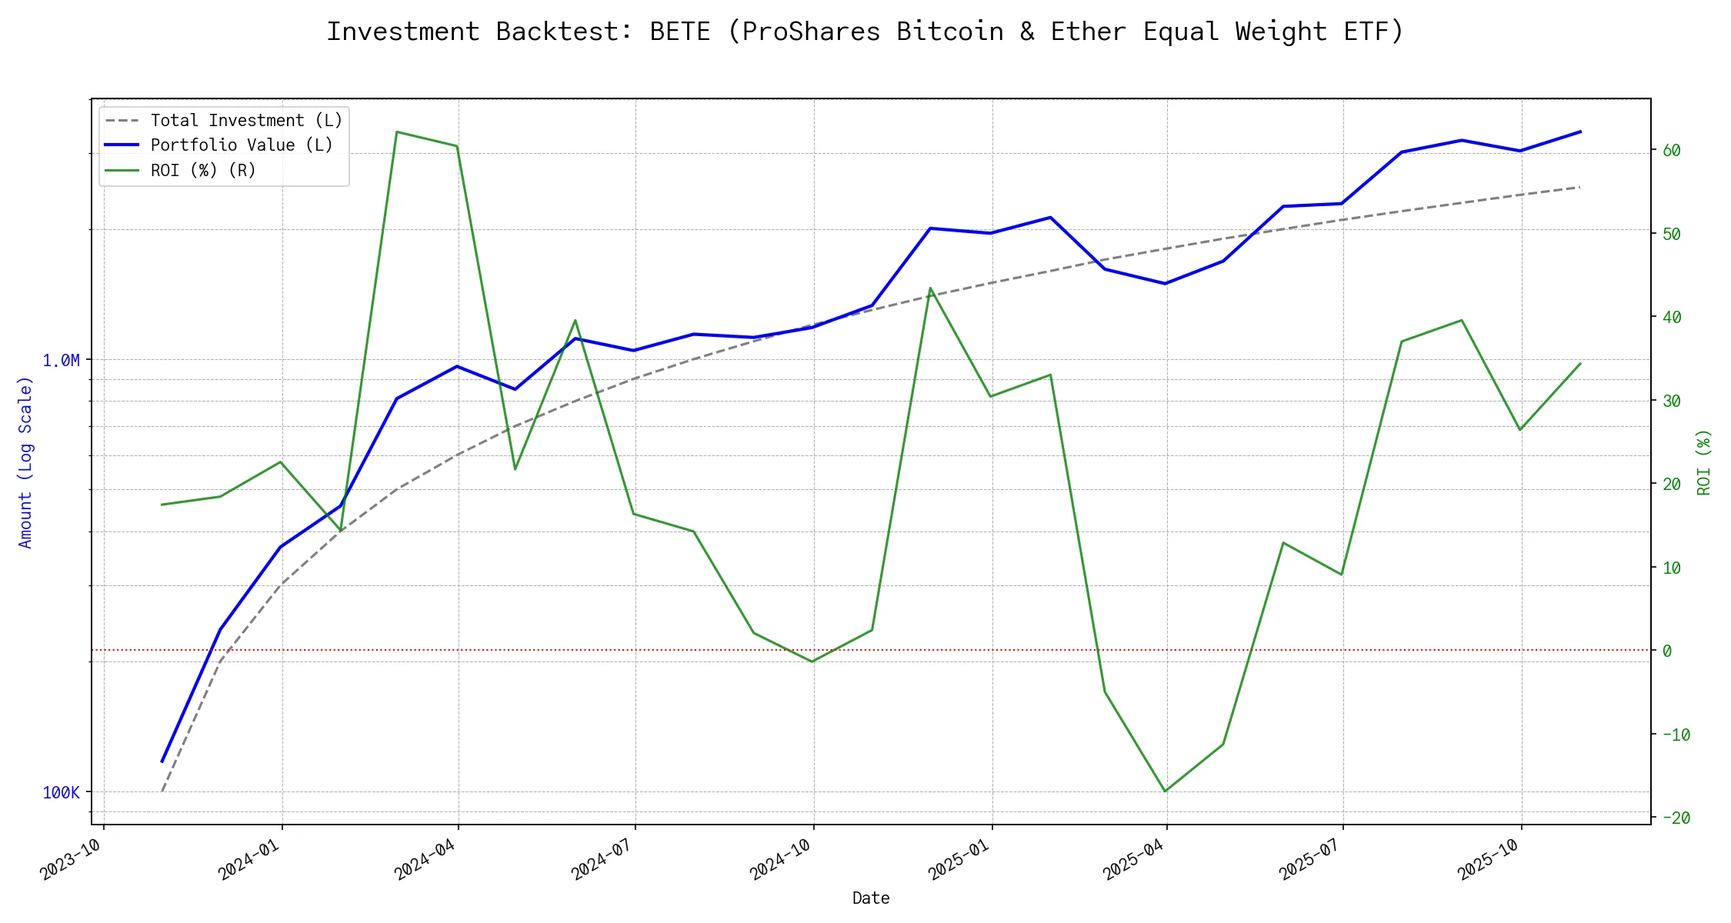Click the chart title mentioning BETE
click(x=865, y=32)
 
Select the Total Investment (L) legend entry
click(x=245, y=121)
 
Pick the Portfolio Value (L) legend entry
click(x=241, y=145)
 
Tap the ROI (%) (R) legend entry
click(x=202, y=170)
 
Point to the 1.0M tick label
click(x=61, y=360)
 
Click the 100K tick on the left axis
click(x=61, y=792)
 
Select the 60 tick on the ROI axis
click(x=1671, y=150)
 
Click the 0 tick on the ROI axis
click(x=1667, y=651)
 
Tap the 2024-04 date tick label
click(x=425, y=859)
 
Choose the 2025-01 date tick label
click(x=959, y=859)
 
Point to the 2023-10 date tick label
click(x=71, y=859)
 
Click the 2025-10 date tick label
click(x=1488, y=859)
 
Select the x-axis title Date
click(x=871, y=898)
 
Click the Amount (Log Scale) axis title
click(x=25, y=461)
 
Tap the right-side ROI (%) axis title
click(x=1703, y=461)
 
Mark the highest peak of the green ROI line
click(x=396, y=132)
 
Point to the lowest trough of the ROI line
click(x=1165, y=791)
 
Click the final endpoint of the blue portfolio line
click(x=1580, y=132)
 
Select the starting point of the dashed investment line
click(x=162, y=791)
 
